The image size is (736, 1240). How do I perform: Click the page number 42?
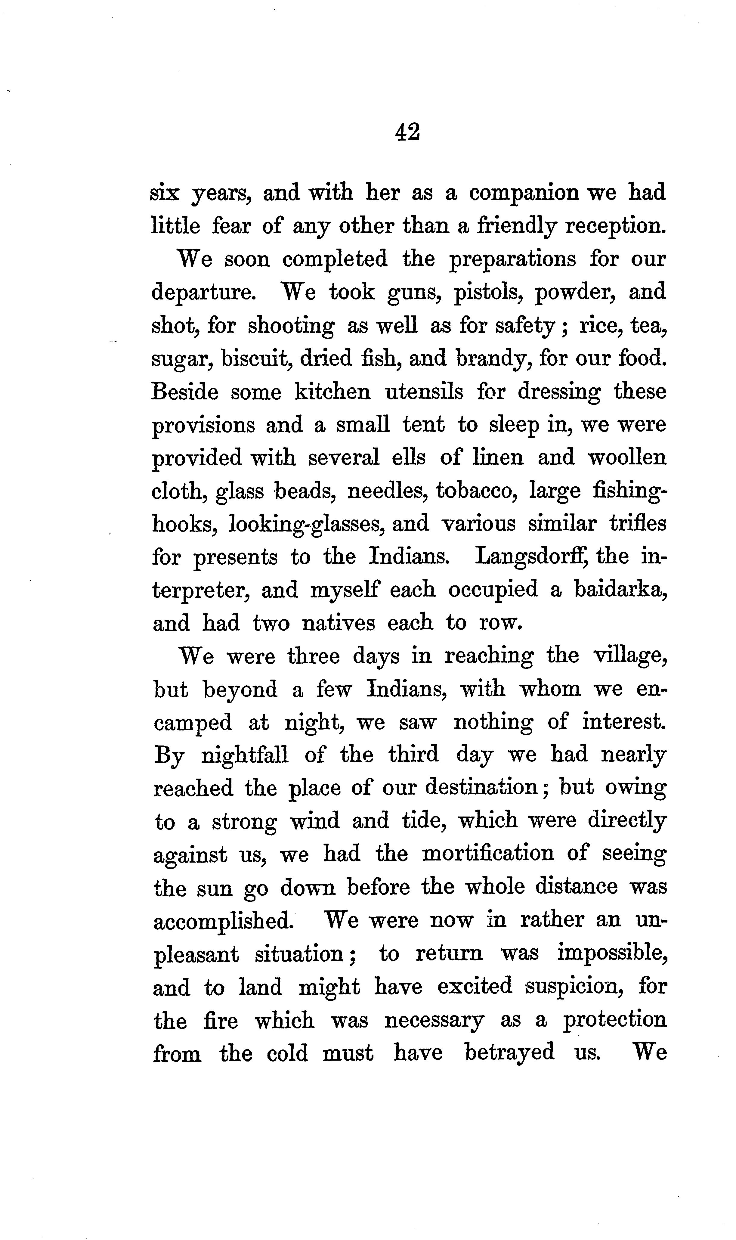tap(408, 133)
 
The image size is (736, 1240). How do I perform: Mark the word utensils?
tap(424, 392)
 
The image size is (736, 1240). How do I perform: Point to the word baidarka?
tap(620, 590)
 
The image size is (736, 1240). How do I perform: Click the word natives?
tap(338, 623)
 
